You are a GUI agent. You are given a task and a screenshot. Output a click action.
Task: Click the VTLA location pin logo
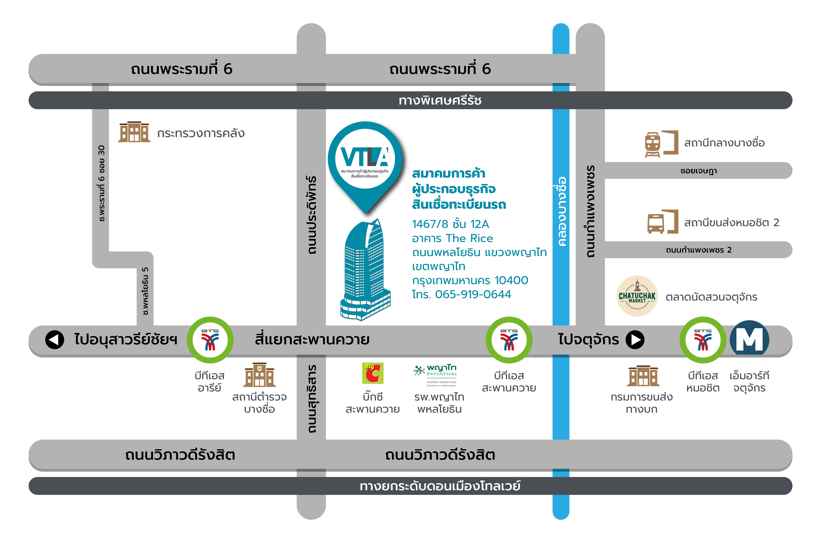coord(365,167)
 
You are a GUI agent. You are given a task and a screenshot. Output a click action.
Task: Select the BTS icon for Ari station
coord(210,340)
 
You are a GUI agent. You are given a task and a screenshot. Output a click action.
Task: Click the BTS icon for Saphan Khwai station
coord(509,340)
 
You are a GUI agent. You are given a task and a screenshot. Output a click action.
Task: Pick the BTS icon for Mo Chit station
coord(703,340)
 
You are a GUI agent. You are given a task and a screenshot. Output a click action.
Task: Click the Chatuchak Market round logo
coord(637,296)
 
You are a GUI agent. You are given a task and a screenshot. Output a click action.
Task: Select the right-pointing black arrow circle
coord(635,340)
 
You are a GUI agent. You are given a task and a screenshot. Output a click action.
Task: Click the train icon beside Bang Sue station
coord(652,144)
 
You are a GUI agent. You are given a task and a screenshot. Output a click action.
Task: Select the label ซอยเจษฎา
coord(699,171)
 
